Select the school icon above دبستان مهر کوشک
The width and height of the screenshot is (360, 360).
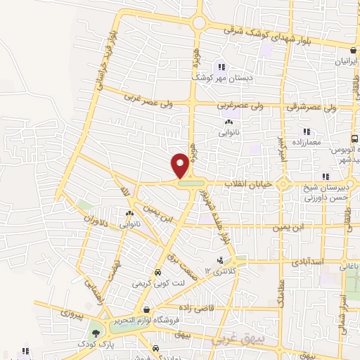[221, 67]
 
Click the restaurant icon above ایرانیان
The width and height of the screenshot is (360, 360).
[354, 50]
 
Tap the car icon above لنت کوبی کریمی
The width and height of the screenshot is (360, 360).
[157, 273]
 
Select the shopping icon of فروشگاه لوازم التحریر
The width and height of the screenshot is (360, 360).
[146, 309]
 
